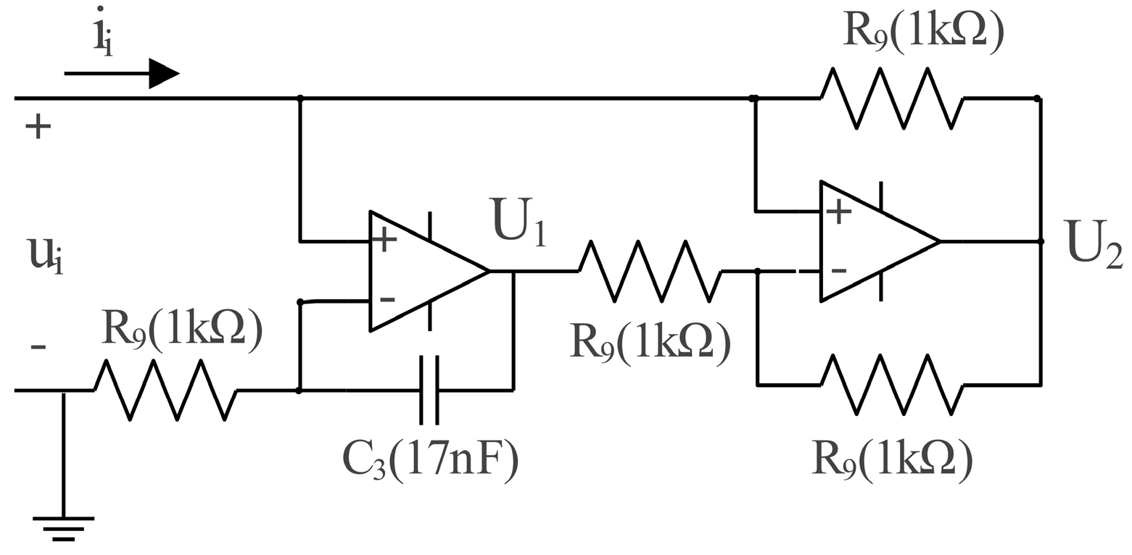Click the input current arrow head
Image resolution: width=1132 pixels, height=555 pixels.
(x=163, y=73)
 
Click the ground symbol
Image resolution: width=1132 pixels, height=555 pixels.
(x=63, y=528)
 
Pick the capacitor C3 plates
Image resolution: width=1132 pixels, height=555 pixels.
(x=429, y=390)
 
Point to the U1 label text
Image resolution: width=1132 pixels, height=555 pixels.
(x=517, y=220)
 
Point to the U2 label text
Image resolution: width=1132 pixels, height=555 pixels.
(x=1093, y=244)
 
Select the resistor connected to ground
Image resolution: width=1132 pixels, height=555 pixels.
(x=165, y=390)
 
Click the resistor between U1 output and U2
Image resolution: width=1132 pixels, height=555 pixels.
(x=650, y=271)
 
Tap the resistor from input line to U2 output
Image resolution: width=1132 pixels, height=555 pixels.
(x=892, y=98)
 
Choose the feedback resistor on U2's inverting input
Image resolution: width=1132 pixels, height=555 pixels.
(x=892, y=385)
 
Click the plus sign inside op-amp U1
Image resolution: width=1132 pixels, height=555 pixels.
(x=384, y=240)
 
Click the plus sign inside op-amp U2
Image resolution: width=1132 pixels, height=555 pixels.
(x=838, y=211)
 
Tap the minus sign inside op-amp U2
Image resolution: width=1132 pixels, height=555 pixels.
(x=838, y=271)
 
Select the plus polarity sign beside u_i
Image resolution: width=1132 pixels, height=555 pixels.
(x=38, y=128)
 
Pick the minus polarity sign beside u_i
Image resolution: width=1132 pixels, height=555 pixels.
(x=38, y=348)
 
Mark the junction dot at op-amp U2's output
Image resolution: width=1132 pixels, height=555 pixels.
(x=1040, y=241)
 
